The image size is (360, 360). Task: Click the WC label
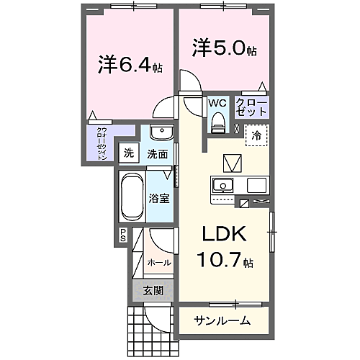pyautogui.click(x=217, y=103)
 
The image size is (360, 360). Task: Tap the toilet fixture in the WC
pyautogui.click(x=217, y=124)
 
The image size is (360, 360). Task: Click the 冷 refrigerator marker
pyautogui.click(x=257, y=134)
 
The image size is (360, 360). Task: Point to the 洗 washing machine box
pyautogui.click(x=128, y=153)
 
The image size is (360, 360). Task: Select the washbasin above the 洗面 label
pyautogui.click(x=161, y=135)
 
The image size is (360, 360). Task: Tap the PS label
pyautogui.click(x=123, y=235)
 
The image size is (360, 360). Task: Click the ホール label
pyautogui.click(x=158, y=263)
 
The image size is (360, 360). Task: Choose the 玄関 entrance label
pyautogui.click(x=152, y=291)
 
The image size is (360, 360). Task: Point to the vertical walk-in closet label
pyautogui.click(x=102, y=143)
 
